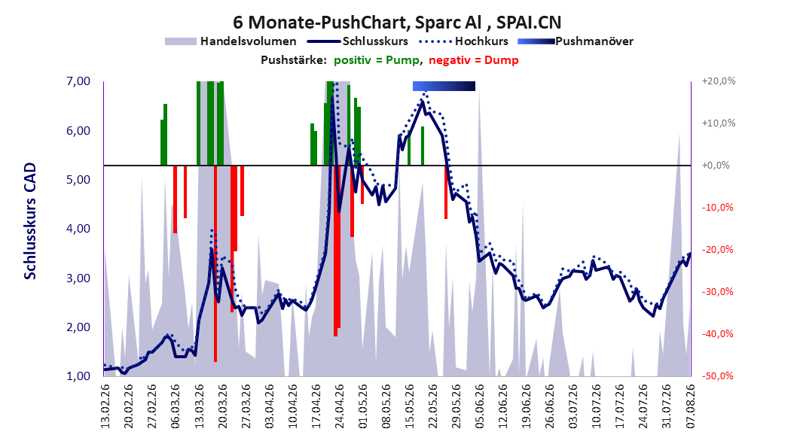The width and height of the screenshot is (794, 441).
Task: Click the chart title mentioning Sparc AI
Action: click(x=397, y=23)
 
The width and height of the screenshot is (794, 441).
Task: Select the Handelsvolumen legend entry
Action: click(x=231, y=41)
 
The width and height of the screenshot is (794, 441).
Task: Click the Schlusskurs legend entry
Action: click(x=358, y=41)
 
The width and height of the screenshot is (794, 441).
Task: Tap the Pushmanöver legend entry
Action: click(x=576, y=41)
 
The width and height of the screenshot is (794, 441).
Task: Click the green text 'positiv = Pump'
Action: click(x=377, y=60)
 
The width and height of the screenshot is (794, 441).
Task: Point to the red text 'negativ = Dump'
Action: click(x=474, y=60)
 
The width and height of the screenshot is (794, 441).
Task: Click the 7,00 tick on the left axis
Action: click(x=78, y=81)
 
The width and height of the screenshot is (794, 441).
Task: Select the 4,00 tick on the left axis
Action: click(x=78, y=229)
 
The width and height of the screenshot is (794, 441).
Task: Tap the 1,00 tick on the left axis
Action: click(x=78, y=376)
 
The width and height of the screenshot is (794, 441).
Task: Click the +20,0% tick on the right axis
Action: click(x=719, y=81)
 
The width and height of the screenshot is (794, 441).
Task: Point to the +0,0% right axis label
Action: click(x=716, y=166)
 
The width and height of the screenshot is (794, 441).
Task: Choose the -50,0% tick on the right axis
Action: click(x=717, y=376)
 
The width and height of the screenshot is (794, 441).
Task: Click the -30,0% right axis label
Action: click(x=717, y=292)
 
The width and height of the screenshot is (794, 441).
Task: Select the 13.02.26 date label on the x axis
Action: click(x=105, y=406)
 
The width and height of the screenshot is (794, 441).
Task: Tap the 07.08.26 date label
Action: click(x=691, y=406)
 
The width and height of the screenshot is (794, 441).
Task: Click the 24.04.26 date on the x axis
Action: click(x=339, y=406)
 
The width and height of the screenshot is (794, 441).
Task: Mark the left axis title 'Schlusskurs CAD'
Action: click(x=30, y=220)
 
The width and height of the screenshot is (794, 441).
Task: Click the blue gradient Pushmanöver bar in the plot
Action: click(x=444, y=86)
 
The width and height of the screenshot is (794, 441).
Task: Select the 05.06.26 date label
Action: click(x=480, y=406)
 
